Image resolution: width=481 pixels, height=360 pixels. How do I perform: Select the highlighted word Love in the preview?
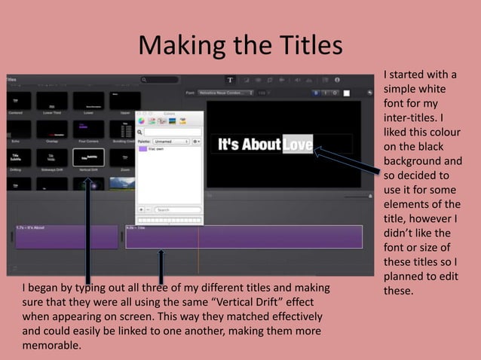pyautogui.click(x=297, y=143)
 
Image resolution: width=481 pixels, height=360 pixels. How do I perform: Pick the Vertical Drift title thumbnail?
pyautogui.click(x=88, y=157)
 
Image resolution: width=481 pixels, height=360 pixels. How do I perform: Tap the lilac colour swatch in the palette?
pyautogui.click(x=142, y=149)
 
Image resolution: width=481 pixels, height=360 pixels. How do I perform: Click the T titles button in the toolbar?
pyautogui.click(x=231, y=79)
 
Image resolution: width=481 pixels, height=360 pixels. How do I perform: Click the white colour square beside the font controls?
pyautogui.click(x=347, y=93)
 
